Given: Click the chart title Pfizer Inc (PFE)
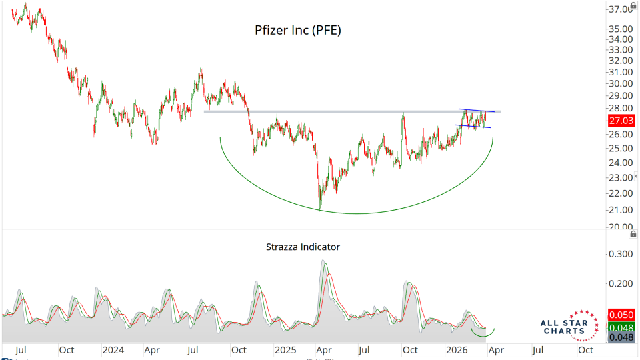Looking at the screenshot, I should (298, 30).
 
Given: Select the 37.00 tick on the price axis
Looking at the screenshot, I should (620, 9).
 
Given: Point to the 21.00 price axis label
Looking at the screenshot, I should (620, 210).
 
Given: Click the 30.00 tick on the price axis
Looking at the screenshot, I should (620, 83).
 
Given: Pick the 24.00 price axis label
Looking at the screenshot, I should (620, 163).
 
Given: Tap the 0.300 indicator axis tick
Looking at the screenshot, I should (620, 254).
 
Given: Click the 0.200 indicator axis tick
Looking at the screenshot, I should (620, 283).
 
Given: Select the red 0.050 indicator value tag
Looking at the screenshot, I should (621, 315).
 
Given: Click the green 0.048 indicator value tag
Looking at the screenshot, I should (621, 327).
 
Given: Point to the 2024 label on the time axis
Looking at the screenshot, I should (113, 349).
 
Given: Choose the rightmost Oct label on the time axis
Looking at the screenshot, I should (585, 349).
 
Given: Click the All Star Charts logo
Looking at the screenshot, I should (565, 324).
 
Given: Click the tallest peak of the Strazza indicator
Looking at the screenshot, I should (325, 261).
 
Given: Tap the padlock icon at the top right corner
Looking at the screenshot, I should (633, 5).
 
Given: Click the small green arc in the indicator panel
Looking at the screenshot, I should (483, 333).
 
